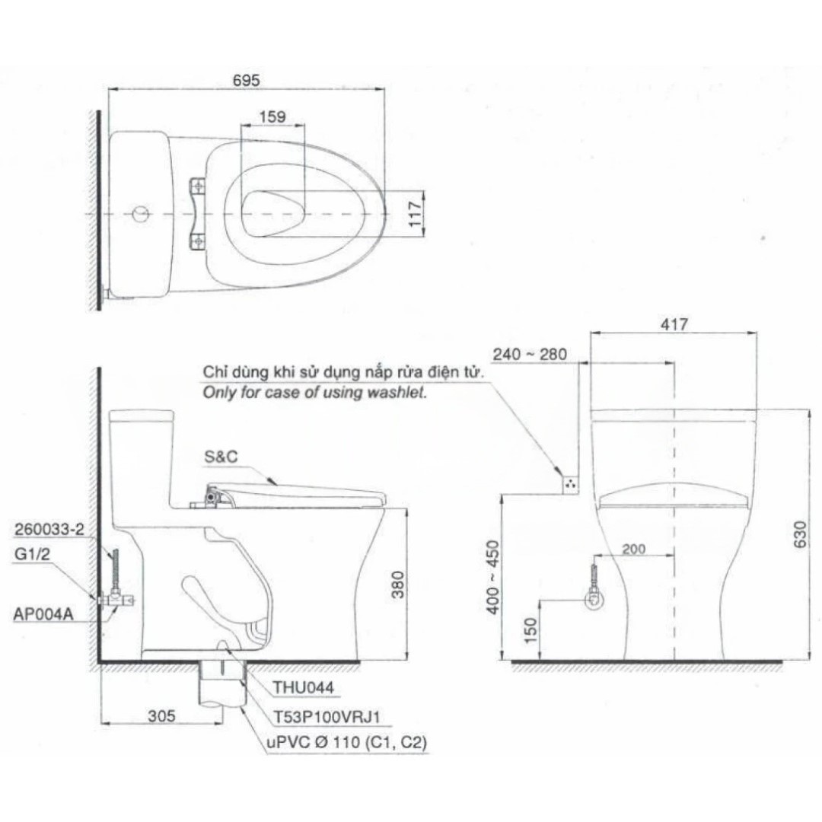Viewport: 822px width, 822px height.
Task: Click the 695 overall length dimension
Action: [246, 80]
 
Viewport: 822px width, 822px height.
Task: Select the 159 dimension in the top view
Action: [272, 116]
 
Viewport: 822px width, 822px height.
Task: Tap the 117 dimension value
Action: [416, 214]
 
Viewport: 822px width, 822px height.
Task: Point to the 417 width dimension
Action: [674, 324]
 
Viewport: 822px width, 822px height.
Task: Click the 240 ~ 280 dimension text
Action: [530, 355]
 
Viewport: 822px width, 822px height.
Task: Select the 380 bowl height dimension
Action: [398, 585]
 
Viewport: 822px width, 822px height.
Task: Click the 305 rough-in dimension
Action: [161, 716]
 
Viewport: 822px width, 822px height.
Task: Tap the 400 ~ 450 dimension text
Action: [492, 577]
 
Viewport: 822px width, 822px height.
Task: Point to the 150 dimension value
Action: [530, 631]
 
